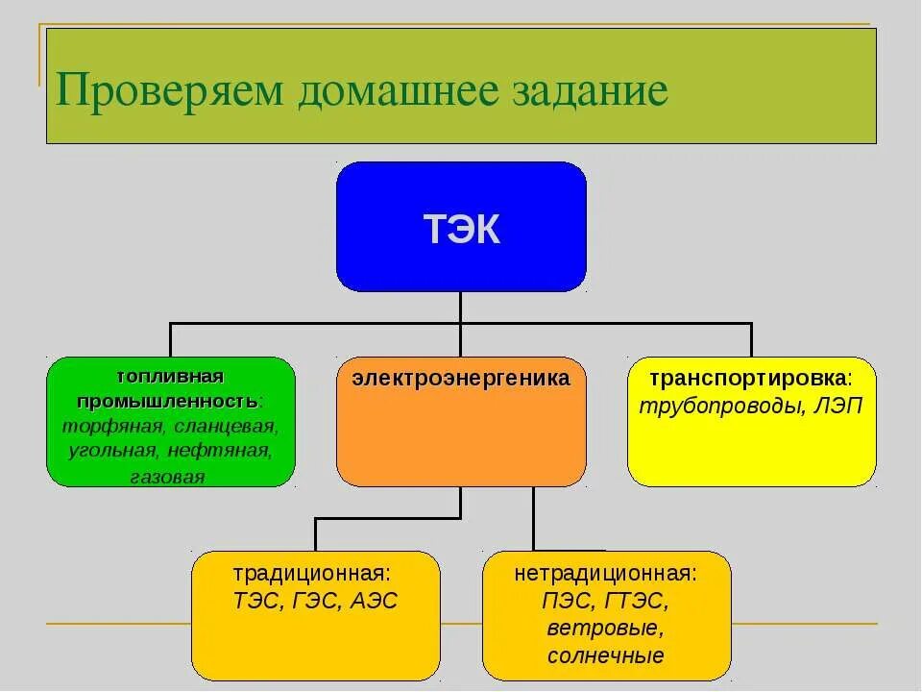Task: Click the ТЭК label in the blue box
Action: pos(461,231)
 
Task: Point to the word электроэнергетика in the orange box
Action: pos(461,379)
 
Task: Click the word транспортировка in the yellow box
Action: pos(749,379)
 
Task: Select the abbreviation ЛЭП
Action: pos(837,405)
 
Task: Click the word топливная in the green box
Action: pos(171,374)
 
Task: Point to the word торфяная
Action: pos(103,425)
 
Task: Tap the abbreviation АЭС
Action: pos(374,601)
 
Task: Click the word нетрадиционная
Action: pos(605,575)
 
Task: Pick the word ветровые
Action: pos(606,629)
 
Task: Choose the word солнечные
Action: pos(606,656)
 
